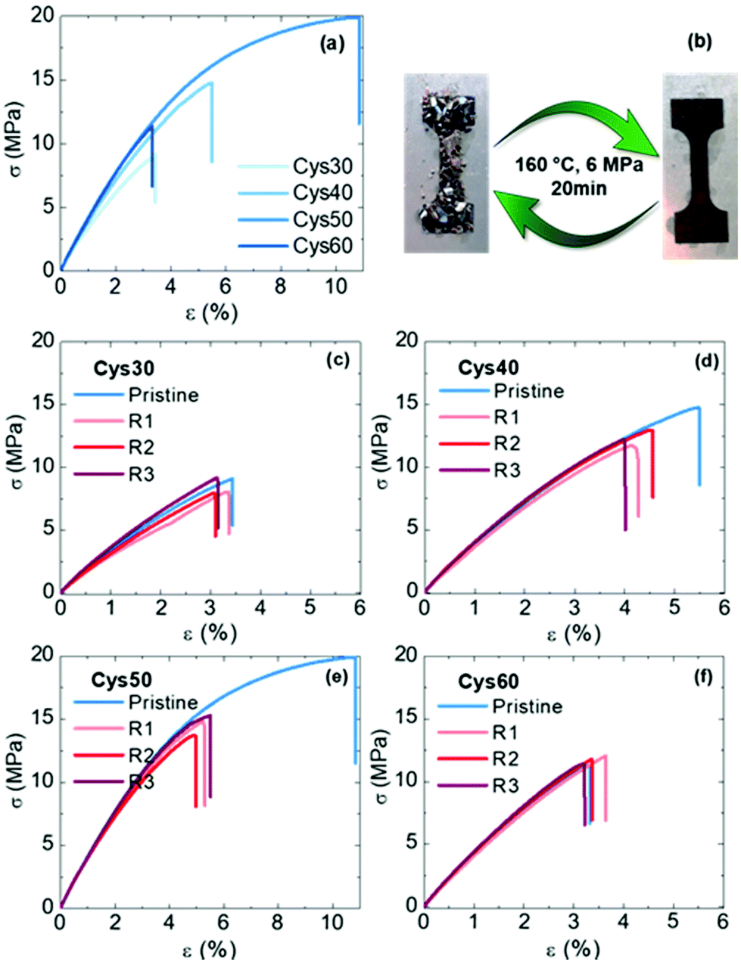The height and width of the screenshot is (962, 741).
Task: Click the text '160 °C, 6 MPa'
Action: (x=575, y=165)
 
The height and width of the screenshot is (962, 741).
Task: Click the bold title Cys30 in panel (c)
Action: (x=123, y=368)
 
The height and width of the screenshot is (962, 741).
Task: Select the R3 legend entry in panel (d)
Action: (x=507, y=470)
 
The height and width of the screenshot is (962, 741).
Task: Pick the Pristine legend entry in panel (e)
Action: (x=163, y=703)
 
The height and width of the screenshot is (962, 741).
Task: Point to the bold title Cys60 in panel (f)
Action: (x=488, y=682)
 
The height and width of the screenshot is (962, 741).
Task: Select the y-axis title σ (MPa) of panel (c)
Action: (x=19, y=466)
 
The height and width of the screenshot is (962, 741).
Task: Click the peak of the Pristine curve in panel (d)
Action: (x=697, y=407)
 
